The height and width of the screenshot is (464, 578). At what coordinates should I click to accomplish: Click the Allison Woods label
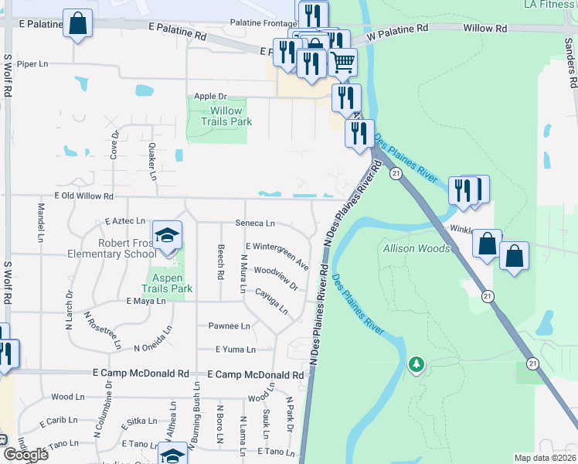coord(416,248)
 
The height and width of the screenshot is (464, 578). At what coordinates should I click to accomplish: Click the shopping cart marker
coord(342,61)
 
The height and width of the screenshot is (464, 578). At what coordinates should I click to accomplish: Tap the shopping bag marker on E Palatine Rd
coord(78,24)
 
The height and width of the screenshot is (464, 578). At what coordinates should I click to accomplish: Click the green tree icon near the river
coord(417,363)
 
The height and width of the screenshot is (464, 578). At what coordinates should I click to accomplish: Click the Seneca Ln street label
coord(255,223)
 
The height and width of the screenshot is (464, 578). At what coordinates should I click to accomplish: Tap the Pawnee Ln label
coord(229,326)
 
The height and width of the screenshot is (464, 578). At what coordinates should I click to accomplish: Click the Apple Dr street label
coord(210,97)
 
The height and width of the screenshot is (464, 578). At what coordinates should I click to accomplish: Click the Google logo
coord(25,455)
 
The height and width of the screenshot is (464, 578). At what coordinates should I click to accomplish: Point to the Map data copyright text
coord(545,458)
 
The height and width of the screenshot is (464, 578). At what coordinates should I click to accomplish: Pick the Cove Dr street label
coord(114,145)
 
